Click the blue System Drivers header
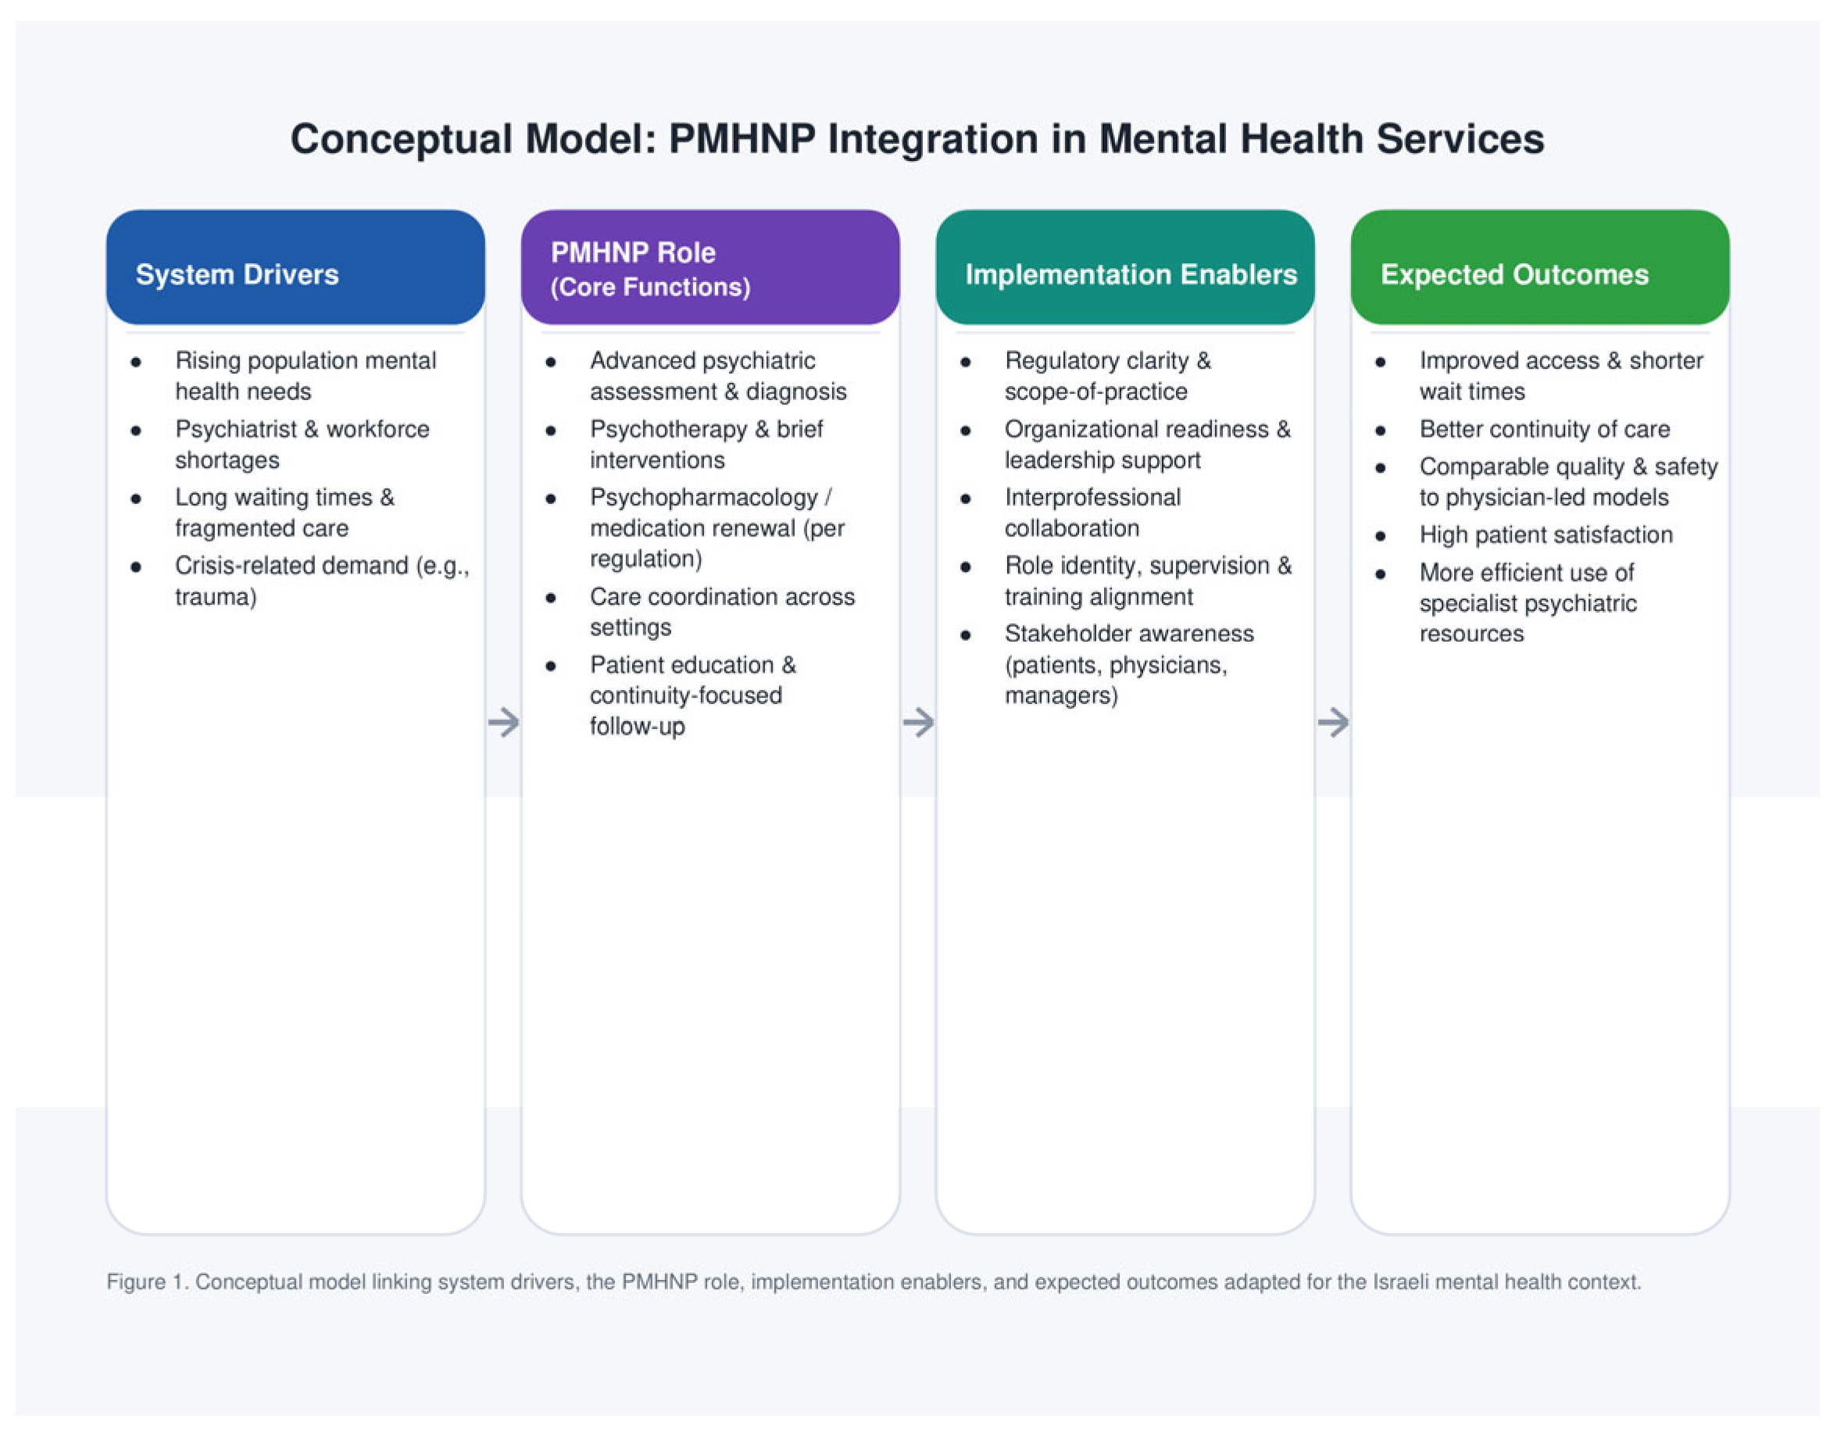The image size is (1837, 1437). point(295,267)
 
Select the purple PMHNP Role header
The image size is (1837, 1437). point(710,267)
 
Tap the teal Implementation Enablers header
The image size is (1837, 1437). point(1124,267)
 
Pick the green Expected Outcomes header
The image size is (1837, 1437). point(1539,267)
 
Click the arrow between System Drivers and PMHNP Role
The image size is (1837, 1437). point(504,722)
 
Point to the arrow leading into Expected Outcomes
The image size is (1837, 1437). point(1333,722)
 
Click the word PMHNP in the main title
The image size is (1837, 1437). point(741,140)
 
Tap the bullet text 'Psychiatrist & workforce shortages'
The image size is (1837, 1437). point(302,444)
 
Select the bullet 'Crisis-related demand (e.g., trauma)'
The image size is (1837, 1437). point(321,581)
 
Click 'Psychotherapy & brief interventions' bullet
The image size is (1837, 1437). point(706,444)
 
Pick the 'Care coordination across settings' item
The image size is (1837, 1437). point(722,612)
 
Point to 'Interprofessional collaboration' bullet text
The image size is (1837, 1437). point(1092,513)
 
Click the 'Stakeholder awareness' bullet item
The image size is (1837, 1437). point(1129,664)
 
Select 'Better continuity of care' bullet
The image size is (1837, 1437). point(1544,429)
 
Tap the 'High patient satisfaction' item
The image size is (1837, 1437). point(1546,535)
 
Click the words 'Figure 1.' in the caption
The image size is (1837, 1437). point(148,1282)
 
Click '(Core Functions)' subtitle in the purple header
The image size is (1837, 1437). point(650,288)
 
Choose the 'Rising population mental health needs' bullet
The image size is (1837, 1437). point(306,376)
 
